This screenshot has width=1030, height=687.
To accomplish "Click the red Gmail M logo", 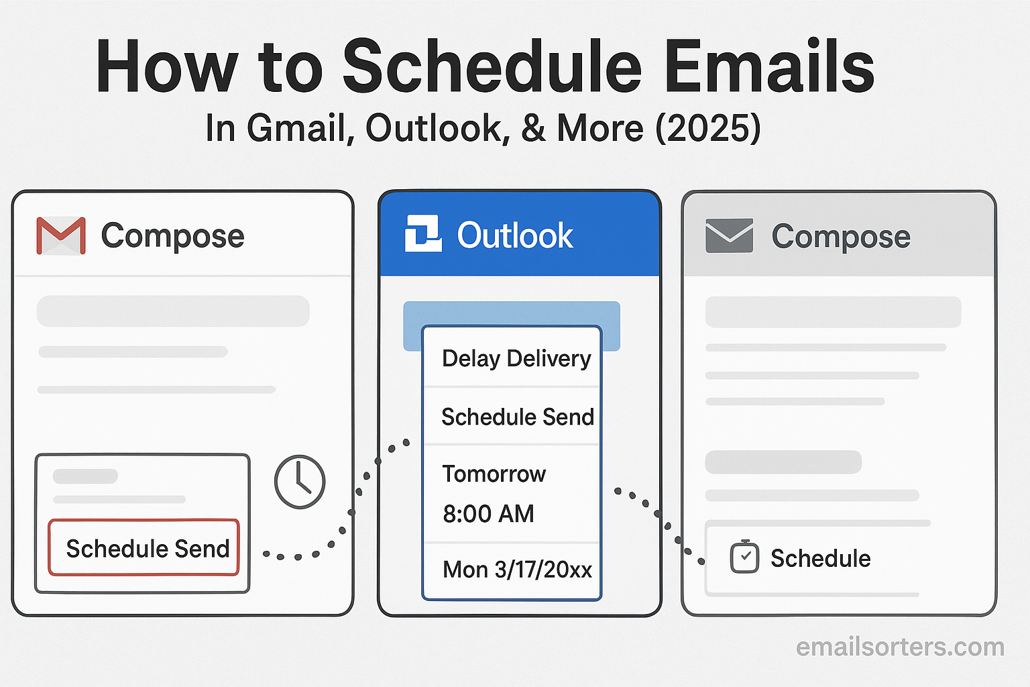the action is (x=61, y=235).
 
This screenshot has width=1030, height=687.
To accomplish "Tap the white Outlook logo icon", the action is (x=423, y=233).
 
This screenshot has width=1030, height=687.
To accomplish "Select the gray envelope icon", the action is (x=730, y=235).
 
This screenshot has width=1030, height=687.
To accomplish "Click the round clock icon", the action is (x=300, y=482).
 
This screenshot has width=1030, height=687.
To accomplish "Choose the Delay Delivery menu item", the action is (x=516, y=358).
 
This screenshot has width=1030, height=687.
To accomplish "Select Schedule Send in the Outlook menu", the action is (x=518, y=417).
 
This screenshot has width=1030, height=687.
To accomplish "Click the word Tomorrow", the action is (x=494, y=474).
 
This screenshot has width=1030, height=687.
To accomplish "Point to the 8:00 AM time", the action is (x=488, y=513).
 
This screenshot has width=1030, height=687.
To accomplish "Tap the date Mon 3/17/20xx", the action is (x=517, y=570).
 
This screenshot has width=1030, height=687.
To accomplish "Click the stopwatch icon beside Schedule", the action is (x=744, y=556).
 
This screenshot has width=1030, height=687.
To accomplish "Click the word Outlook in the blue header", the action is (x=515, y=235).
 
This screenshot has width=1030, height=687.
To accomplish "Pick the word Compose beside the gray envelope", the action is (x=841, y=237).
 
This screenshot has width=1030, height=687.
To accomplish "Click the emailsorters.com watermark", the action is (x=900, y=647).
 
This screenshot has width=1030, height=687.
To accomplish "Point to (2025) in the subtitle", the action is (x=708, y=128).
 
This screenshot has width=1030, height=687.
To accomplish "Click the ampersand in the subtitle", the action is (x=533, y=128).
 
